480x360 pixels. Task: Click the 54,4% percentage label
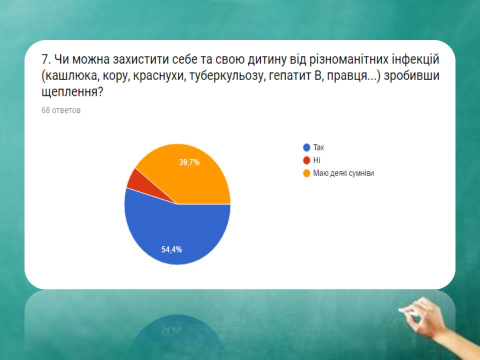pos(171,249)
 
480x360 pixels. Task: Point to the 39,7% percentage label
pos(189,162)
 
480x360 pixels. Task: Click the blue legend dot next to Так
pos(306,147)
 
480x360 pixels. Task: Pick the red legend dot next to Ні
pos(306,160)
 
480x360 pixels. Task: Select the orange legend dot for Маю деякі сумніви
pos(306,173)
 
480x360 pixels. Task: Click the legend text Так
pos(318,147)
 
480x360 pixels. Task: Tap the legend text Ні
pos(316,160)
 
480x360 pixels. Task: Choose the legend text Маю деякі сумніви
pos(343,173)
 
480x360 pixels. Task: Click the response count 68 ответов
pos(61,110)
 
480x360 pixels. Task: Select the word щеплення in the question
pos(72,92)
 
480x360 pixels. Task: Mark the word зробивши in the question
pos(411,76)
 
